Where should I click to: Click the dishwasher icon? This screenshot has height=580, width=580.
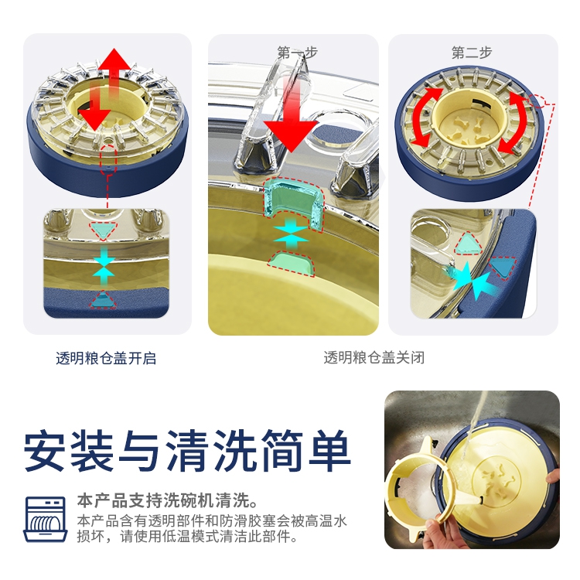tap(46, 519)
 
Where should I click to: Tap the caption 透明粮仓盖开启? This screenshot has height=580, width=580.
tap(106, 358)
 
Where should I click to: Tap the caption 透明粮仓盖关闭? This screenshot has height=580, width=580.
tap(374, 358)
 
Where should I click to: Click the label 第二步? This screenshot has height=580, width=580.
tap(472, 53)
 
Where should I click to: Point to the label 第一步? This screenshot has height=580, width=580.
tap(298, 53)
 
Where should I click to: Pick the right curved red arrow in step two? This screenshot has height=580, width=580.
tap(514, 122)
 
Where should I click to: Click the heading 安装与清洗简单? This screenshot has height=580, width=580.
tap(187, 451)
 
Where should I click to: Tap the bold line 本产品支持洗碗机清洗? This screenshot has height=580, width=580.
tap(167, 500)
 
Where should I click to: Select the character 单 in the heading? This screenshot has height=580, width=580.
tap(329, 451)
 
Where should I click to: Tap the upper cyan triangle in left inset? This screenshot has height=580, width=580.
tap(103, 230)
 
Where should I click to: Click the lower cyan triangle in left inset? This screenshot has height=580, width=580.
tap(103, 300)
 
